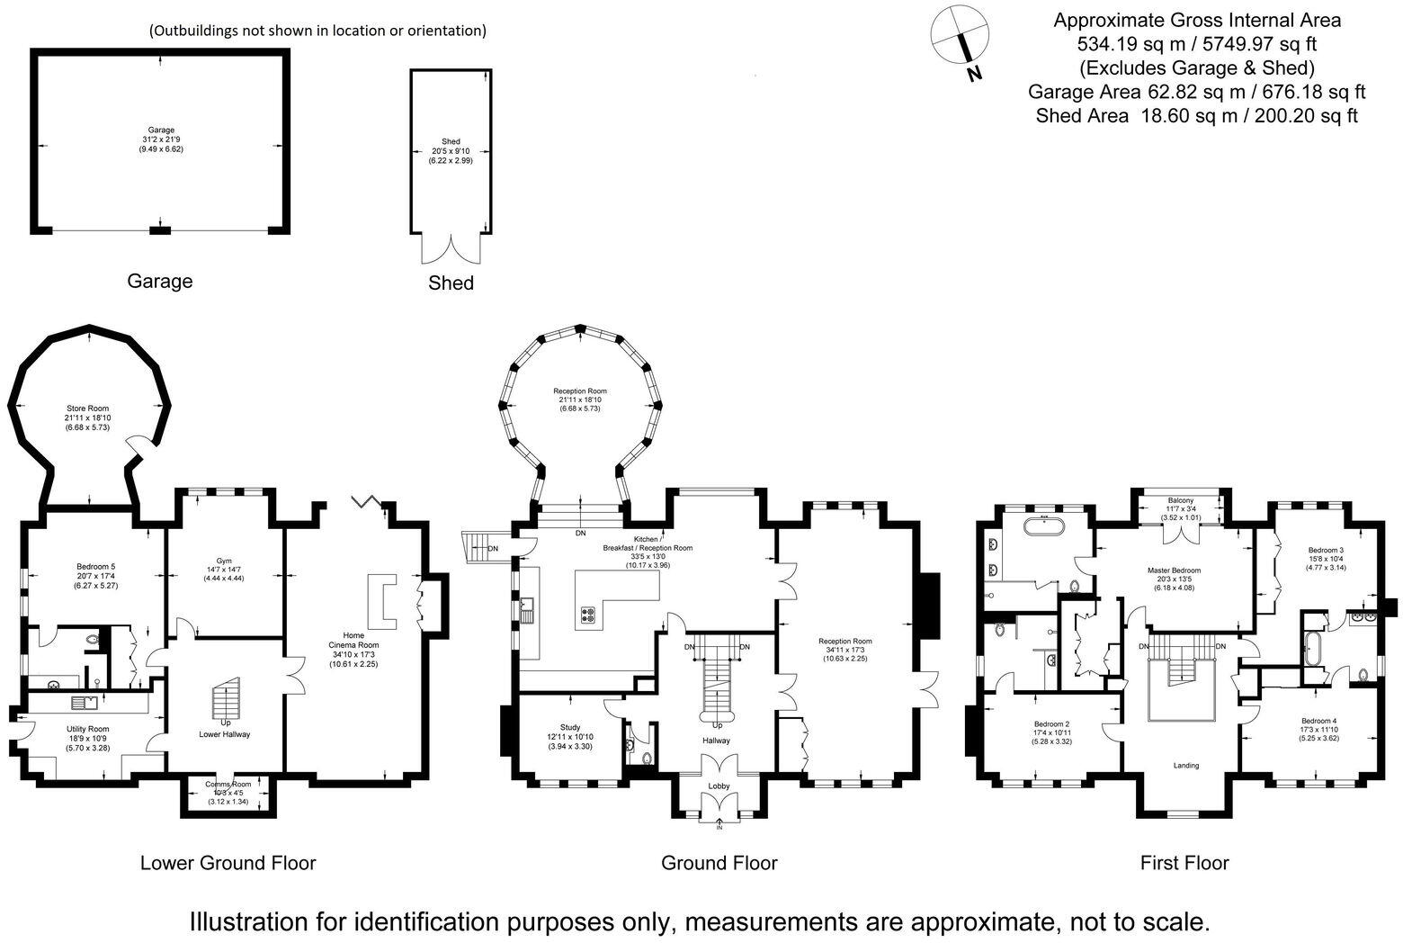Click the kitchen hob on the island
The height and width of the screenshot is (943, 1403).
point(589,616)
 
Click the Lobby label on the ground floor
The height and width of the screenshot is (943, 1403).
point(719,786)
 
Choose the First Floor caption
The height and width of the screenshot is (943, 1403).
point(1184,863)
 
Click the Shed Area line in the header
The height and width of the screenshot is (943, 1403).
point(1196,115)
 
